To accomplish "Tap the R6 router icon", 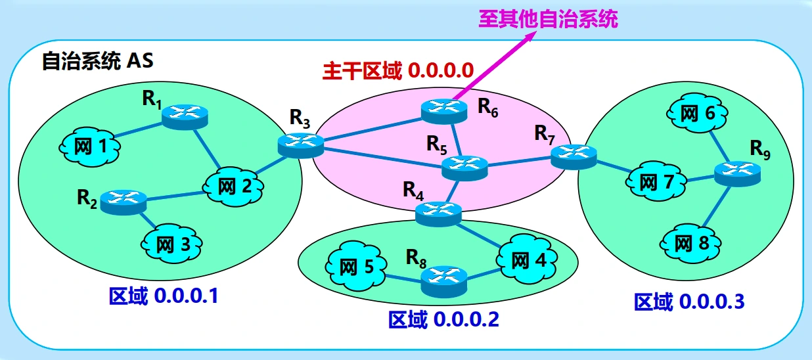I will point(440,109).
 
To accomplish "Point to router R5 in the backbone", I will point(464,167).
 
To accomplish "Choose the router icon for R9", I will point(736,172).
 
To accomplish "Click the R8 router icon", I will point(443,279).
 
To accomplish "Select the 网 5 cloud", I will point(355,267).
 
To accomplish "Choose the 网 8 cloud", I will point(692,244).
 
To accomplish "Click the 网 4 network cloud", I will point(529,261).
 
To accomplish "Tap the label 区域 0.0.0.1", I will point(163,296).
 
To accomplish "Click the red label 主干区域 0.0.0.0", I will point(397,70).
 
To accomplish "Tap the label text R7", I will point(544,133).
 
